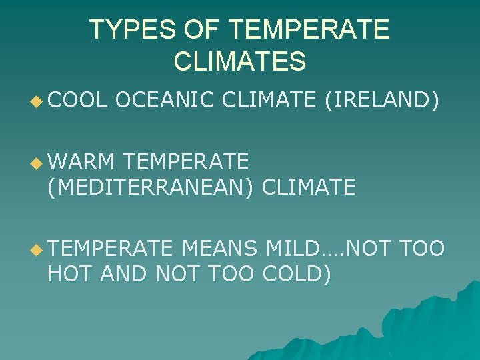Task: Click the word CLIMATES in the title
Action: coord(239,61)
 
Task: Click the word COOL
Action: coord(77,101)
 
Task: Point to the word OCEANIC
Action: coord(164,101)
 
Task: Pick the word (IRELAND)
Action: coord(382,101)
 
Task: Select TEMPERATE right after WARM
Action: coord(187,161)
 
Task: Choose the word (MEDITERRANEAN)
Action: coord(151,188)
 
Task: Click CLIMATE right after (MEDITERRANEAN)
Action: coord(309,188)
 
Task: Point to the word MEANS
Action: coord(219,249)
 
